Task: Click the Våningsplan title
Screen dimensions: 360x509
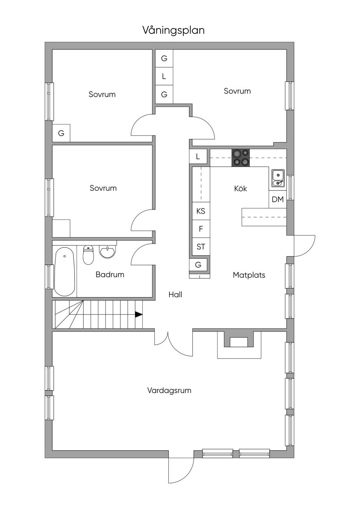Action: (x=173, y=30)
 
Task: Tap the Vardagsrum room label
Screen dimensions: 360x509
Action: (x=169, y=391)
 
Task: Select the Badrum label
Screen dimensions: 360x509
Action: (x=110, y=275)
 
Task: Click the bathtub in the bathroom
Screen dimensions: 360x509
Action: (x=65, y=271)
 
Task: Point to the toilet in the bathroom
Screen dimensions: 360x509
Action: (x=88, y=255)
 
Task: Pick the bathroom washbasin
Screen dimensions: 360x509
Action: (x=108, y=252)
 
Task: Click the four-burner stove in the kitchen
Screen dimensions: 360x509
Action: (x=240, y=158)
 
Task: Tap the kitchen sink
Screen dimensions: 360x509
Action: (x=278, y=178)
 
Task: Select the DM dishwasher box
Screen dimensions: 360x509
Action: (x=278, y=200)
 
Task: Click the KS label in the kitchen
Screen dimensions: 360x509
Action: (x=201, y=211)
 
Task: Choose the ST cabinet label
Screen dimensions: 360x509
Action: (x=201, y=246)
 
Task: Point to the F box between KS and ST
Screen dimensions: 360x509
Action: (x=201, y=229)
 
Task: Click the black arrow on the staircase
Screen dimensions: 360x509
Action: (x=139, y=315)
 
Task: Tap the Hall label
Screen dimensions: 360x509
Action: (x=175, y=295)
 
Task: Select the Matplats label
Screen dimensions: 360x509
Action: (x=249, y=275)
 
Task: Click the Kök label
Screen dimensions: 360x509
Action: (x=240, y=188)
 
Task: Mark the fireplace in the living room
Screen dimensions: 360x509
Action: (x=239, y=345)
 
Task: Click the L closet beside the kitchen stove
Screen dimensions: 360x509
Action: (x=198, y=156)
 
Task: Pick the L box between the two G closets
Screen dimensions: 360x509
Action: (x=164, y=76)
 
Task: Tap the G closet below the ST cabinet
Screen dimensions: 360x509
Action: (x=198, y=265)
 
